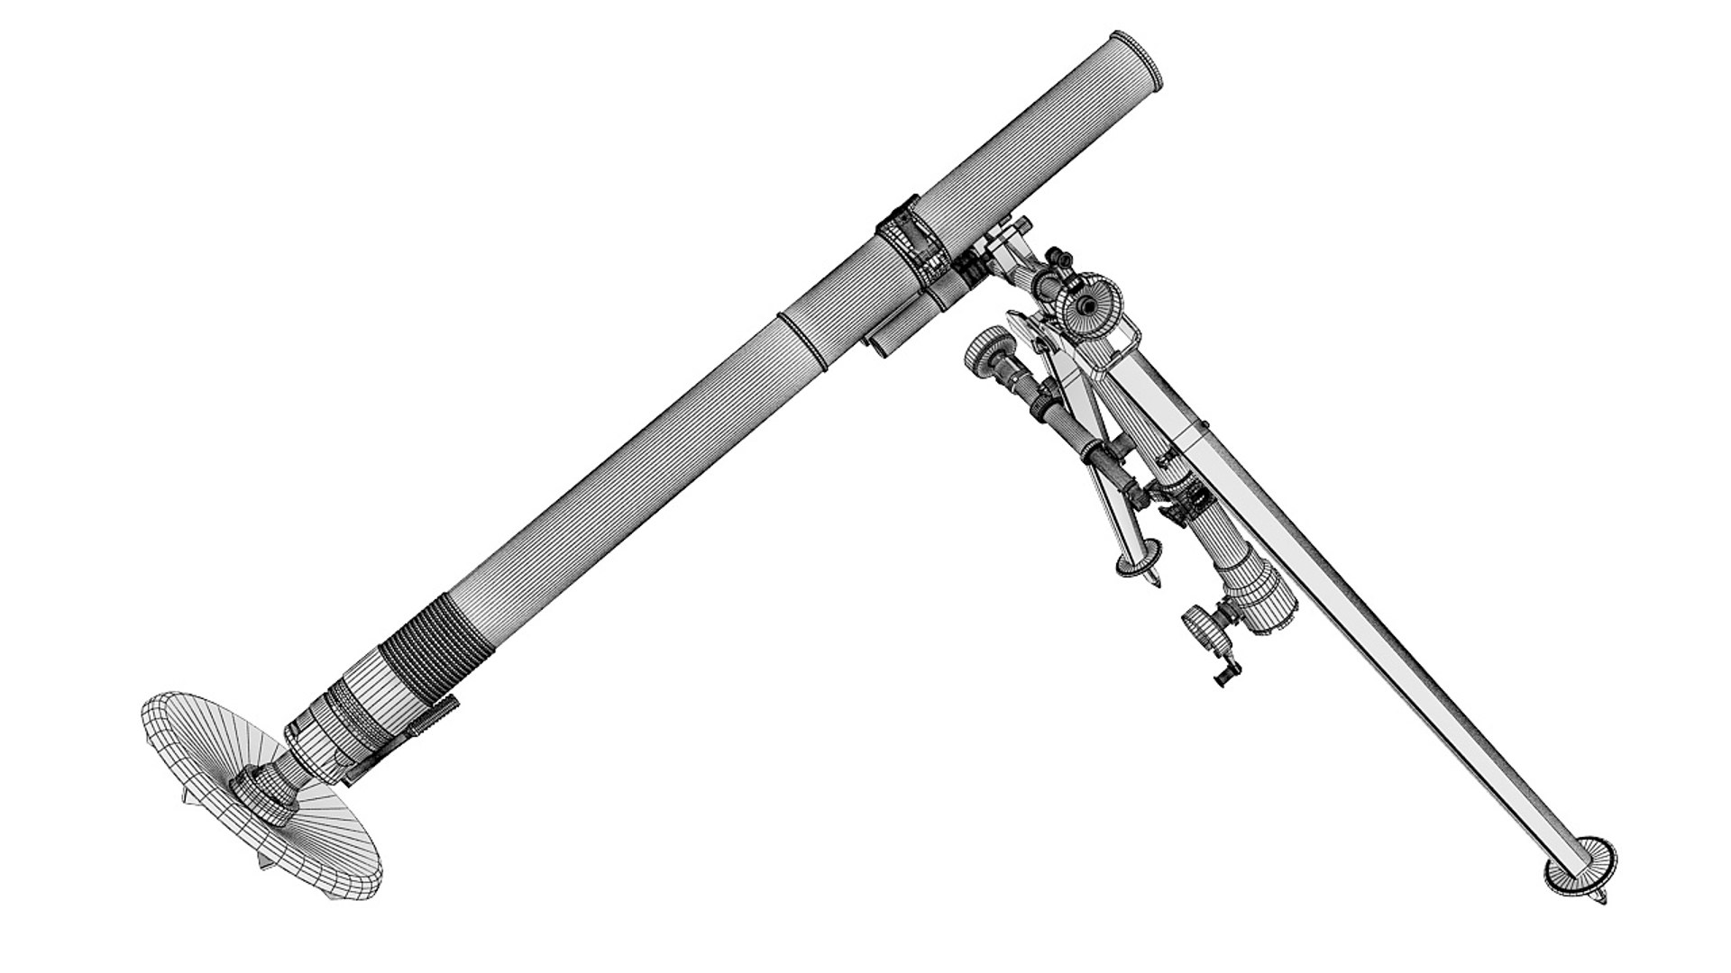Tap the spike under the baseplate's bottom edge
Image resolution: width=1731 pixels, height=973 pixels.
pos(267,867)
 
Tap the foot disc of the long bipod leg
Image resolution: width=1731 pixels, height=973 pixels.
pos(1580,866)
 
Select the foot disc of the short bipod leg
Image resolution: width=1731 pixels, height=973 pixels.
pos(1138,563)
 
